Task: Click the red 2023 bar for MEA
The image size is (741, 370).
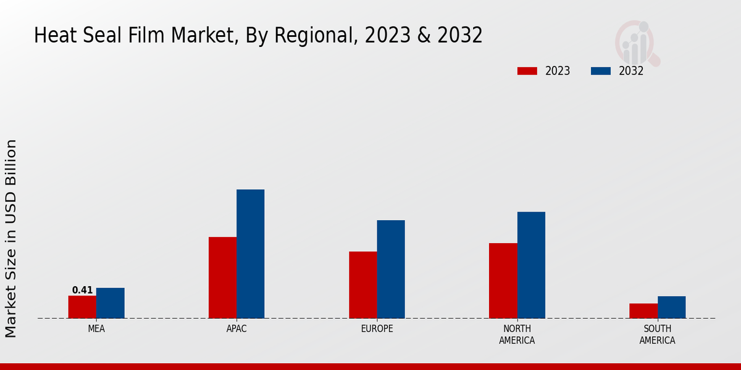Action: click(82, 307)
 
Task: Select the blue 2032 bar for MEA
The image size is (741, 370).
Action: click(110, 303)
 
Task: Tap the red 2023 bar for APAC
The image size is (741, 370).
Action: click(222, 277)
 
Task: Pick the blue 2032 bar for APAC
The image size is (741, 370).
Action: click(250, 254)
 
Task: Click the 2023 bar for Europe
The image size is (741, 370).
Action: click(362, 285)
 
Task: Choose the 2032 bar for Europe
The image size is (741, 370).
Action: click(391, 269)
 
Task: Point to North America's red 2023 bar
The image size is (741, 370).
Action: click(503, 281)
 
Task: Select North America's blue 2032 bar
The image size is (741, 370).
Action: click(531, 265)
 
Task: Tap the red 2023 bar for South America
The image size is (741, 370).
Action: click(643, 311)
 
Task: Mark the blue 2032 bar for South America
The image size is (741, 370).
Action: click(671, 307)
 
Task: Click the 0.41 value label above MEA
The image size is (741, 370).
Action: click(82, 290)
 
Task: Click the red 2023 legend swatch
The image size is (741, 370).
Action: click(527, 71)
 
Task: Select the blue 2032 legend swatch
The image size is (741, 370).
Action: click(600, 71)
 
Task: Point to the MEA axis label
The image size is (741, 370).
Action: click(96, 329)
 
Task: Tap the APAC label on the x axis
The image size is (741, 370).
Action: click(237, 329)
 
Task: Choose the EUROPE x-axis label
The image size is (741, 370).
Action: click(377, 329)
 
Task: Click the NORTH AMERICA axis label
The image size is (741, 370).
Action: click(517, 334)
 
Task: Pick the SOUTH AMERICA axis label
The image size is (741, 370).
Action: click(657, 334)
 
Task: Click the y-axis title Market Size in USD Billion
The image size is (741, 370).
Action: click(11, 238)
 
